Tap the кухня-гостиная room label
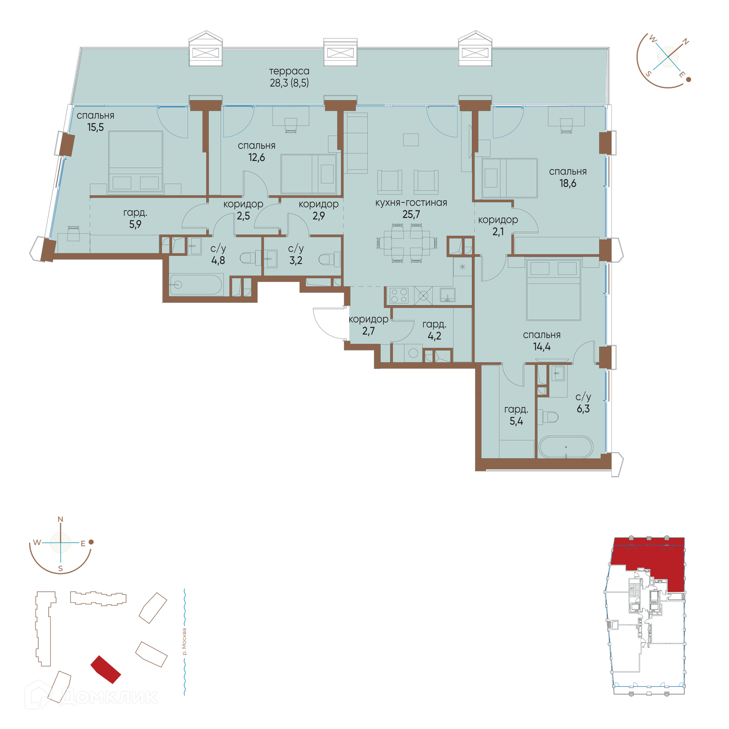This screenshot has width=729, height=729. coord(411,203)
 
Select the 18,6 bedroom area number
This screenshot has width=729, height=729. coord(568,183)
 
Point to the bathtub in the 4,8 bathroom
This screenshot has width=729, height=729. coord(196,285)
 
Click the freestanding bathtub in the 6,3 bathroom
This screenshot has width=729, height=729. coord(566,447)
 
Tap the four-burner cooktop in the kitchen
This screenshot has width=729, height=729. coord(399,296)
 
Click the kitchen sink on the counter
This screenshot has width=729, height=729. coord(447,295)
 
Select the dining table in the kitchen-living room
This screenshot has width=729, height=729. coord(407,243)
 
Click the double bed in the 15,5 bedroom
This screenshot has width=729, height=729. coord(136,161)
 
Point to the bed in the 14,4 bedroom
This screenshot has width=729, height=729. coord(553,290)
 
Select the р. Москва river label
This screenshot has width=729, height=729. coord(184,642)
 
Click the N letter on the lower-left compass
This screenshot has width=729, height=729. coord(60,519)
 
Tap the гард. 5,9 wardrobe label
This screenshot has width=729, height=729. coord(135,218)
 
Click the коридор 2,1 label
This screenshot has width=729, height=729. coord(498,226)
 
